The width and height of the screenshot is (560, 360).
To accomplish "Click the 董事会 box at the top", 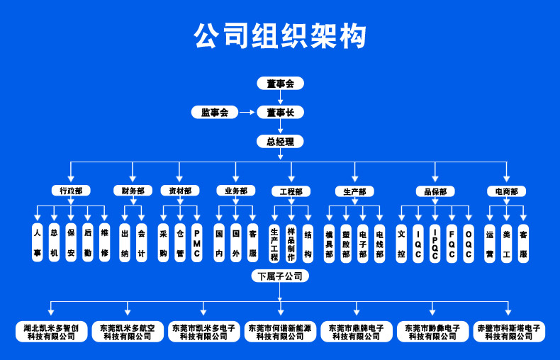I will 280,84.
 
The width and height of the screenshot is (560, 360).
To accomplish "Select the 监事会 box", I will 214,112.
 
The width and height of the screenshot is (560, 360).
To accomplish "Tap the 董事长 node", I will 280,112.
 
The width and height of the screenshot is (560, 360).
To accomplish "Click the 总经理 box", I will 280,141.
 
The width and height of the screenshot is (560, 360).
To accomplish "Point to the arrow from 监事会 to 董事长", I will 246,112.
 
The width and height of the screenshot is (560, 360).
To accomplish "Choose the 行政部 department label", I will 71,191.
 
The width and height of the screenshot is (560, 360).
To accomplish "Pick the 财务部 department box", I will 133,191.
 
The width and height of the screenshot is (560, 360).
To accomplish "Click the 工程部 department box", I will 291,191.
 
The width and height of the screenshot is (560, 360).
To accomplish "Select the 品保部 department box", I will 435,191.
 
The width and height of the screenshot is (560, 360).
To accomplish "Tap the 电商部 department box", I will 506,191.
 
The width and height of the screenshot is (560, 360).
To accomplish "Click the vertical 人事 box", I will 37,242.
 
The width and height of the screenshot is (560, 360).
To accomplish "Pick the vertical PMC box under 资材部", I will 197,242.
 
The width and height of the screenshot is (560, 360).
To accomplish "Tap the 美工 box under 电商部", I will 506,242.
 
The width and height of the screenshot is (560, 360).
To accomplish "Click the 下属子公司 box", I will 280,276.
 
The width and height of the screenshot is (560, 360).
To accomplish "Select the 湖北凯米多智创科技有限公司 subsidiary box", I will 52,332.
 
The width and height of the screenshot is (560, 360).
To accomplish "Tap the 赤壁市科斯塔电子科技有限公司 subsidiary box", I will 508,332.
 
